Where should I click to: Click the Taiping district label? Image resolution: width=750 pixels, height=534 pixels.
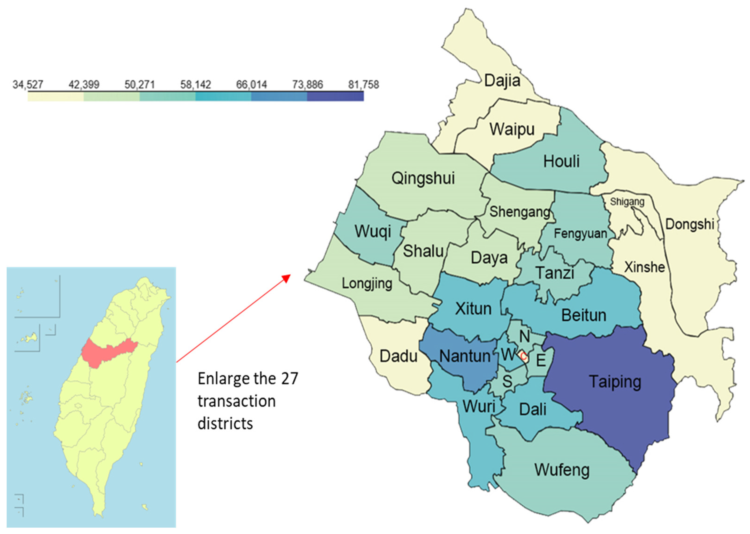point(615,382)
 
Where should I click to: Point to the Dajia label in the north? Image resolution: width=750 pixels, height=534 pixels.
point(502,81)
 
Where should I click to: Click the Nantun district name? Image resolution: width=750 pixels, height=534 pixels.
point(465,356)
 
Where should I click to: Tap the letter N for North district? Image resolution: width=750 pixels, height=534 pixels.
point(525,336)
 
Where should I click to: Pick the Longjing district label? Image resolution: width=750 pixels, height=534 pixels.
point(367,284)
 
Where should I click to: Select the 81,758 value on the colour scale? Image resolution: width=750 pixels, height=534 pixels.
point(363,85)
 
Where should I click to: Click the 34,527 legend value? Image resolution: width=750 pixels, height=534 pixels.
point(28,85)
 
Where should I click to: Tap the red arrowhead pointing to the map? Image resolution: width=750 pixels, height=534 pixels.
point(287,278)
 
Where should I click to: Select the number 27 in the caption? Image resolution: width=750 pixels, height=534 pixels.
point(289,379)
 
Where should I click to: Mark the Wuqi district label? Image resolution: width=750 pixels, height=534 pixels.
point(373,231)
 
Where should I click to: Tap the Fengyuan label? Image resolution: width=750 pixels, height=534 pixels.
point(580,234)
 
